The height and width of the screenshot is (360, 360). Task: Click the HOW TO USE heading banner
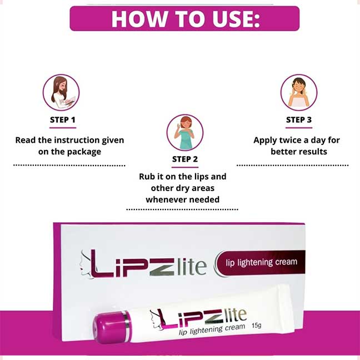pyautogui.click(x=184, y=18)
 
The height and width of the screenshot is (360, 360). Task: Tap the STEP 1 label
pyautogui.click(x=63, y=120)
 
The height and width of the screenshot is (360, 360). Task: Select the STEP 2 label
pyautogui.click(x=185, y=159)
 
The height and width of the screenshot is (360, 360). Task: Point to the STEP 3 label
pyautogui.click(x=299, y=120)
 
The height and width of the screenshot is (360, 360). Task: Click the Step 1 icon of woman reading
pyautogui.click(x=61, y=92)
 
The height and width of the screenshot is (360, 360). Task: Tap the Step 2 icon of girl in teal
pyautogui.click(x=185, y=132)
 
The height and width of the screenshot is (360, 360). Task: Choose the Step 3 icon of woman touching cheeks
pyautogui.click(x=299, y=92)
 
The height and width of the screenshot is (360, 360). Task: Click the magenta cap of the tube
pyautogui.click(x=111, y=327)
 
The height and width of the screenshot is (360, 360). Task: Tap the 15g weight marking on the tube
pyautogui.click(x=257, y=326)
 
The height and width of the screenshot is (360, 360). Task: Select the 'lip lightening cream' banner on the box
pyautogui.click(x=261, y=263)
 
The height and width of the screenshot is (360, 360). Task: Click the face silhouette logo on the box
pyautogui.click(x=86, y=264)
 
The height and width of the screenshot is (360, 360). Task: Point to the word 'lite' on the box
pyautogui.click(x=192, y=267)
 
